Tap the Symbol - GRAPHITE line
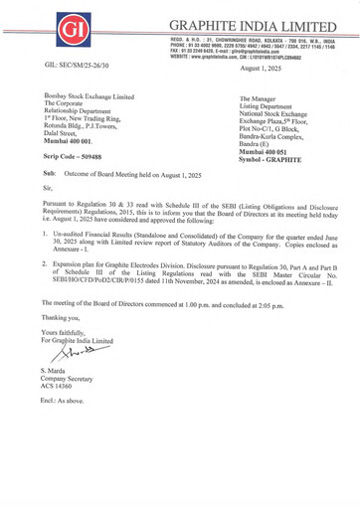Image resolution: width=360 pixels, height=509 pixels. (270, 159)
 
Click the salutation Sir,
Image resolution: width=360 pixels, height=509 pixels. (48, 187)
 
